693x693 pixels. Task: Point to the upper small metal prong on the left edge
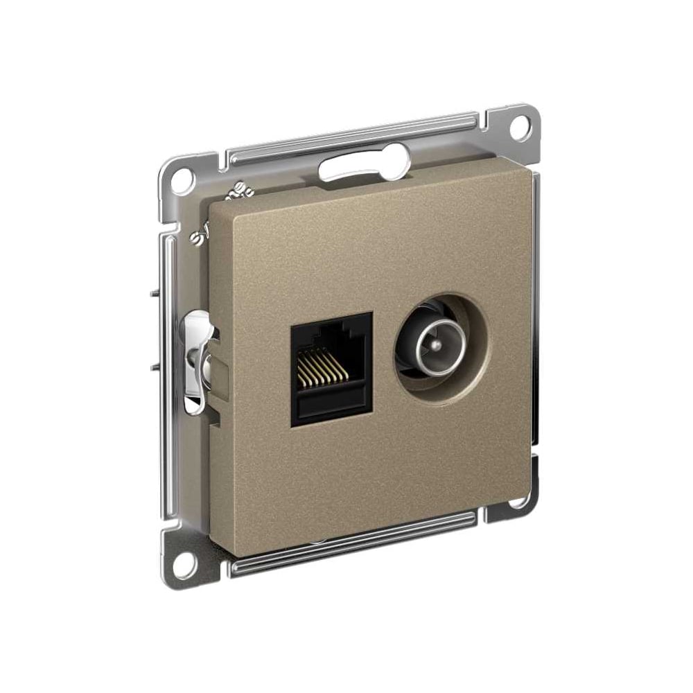pyautogui.click(x=153, y=293)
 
